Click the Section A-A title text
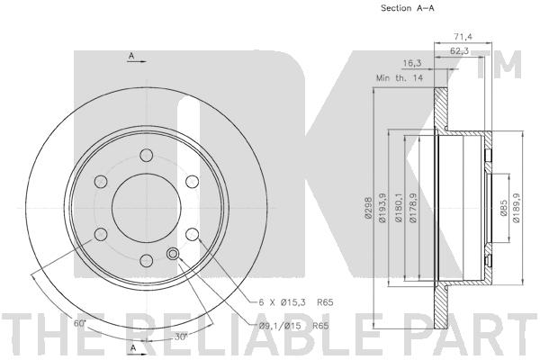click(x=407, y=8)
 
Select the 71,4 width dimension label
click(x=463, y=36)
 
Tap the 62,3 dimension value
click(x=459, y=50)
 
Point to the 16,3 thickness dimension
click(x=412, y=63)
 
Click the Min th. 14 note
click(x=399, y=78)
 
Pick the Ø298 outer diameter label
click(x=368, y=208)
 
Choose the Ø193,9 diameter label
click(x=382, y=208)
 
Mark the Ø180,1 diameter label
click(x=399, y=207)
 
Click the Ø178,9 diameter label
click(x=413, y=207)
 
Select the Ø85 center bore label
click(x=503, y=208)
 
